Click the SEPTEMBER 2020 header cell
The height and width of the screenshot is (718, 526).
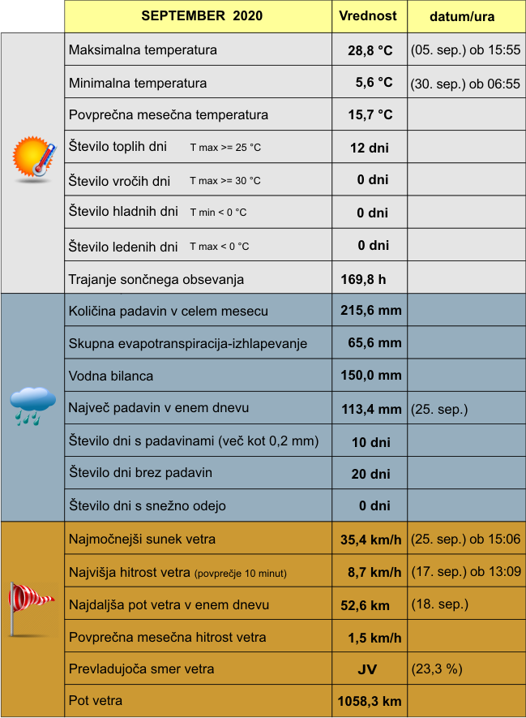pos(202,16)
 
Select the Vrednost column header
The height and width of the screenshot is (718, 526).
pos(368,16)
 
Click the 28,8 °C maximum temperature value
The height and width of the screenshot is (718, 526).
pos(370,50)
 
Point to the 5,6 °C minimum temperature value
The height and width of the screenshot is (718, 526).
pos(374,83)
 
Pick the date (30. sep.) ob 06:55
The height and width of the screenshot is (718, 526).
pos(465,83)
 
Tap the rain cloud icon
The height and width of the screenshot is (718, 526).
pos(32,405)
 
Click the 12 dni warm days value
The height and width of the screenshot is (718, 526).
pos(370,148)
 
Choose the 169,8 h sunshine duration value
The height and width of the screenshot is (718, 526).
pos(363,280)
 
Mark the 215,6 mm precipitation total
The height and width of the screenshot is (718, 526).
pos(371,310)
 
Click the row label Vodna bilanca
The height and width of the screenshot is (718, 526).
pos(111,376)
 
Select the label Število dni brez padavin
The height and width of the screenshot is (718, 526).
pos(140,473)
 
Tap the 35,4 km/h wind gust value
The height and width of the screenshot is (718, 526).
pos(371,540)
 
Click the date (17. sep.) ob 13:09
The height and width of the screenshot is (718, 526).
pos(466,572)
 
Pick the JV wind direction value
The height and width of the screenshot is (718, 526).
pos(367,670)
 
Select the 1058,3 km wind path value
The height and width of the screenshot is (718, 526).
pos(369,702)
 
